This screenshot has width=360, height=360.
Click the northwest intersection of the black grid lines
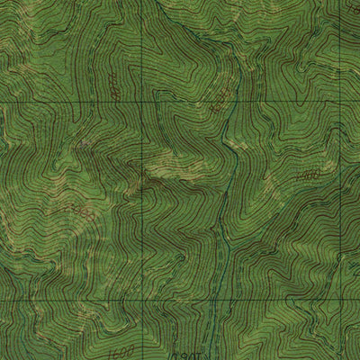pyautogui.click(x=142, y=102)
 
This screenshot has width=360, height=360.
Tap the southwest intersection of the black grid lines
pyautogui.click(x=142, y=300)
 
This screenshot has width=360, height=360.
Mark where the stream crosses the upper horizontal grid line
pyautogui.click(x=233, y=102)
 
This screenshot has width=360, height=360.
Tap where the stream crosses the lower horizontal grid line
pyautogui.click(x=214, y=300)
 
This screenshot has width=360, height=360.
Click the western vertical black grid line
pyautogui.click(x=142, y=198)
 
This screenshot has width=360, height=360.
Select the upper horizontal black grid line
pyautogui.click(x=72, y=102)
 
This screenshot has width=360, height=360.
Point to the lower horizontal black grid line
pyautogui.click(x=72, y=300)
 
